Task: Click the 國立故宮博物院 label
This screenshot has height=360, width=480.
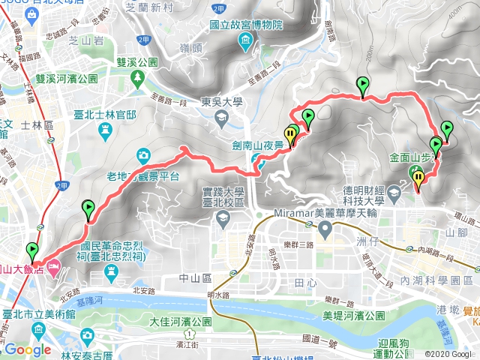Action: click(245, 25)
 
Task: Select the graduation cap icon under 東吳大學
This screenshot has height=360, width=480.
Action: click(222, 118)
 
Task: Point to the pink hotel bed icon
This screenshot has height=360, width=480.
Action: click(53, 265)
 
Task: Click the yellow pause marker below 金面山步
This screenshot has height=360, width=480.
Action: click(418, 178)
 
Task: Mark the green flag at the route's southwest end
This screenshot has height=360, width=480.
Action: click(31, 250)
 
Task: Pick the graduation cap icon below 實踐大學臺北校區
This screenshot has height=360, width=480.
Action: click(222, 218)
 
